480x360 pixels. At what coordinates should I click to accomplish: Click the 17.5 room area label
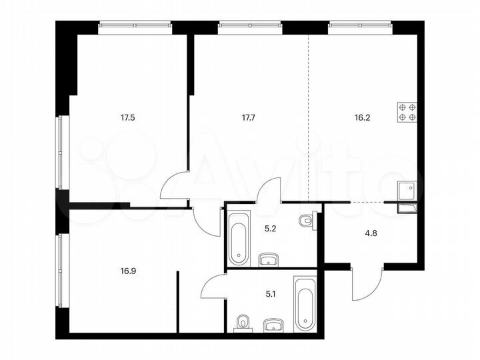point(127,118)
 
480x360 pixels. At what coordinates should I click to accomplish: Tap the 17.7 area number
point(248,118)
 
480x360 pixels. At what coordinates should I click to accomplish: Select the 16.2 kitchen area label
point(363,118)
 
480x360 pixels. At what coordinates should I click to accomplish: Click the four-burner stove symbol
point(407,111)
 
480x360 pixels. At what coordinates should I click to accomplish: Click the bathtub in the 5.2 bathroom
point(238,237)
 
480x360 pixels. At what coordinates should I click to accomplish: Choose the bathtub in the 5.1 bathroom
point(304,309)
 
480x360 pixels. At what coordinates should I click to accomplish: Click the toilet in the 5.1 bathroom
point(242,323)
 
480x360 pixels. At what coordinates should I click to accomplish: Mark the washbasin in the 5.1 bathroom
point(273,325)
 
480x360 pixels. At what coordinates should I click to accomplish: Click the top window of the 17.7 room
point(250,27)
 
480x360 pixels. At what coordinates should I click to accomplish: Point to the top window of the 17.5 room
point(136,27)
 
